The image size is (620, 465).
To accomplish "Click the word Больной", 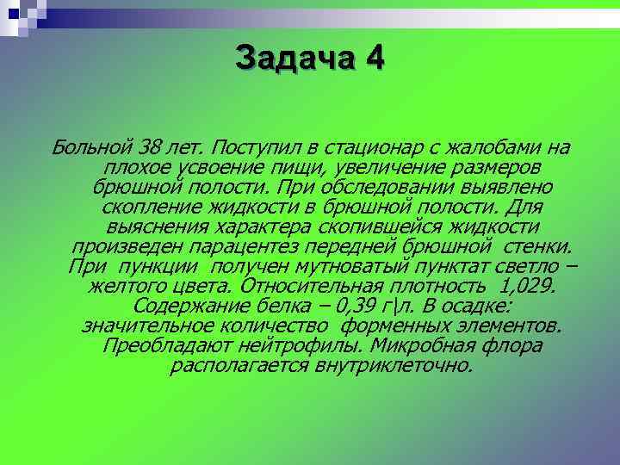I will [x=90, y=141].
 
